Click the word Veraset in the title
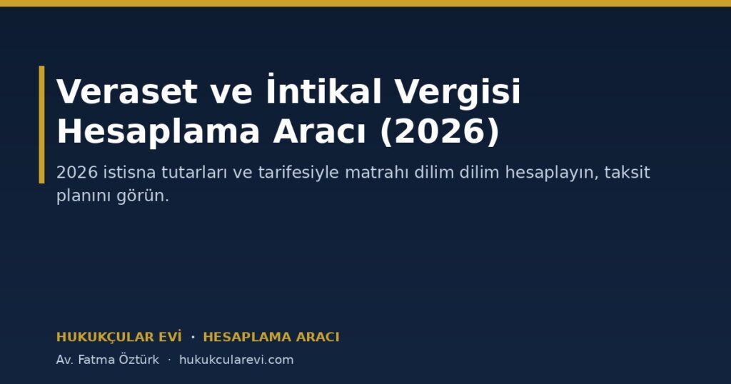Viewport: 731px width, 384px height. point(126,91)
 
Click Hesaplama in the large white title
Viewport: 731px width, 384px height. point(158,132)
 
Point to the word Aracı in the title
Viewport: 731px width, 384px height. point(319,131)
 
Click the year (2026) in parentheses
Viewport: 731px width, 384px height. point(440,132)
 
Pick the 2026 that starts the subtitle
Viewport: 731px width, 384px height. point(77,173)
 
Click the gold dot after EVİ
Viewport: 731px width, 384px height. point(193,337)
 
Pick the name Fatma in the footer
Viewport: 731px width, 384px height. point(95,360)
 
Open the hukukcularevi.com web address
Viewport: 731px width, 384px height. point(236,360)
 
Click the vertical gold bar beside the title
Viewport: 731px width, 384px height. point(41,124)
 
